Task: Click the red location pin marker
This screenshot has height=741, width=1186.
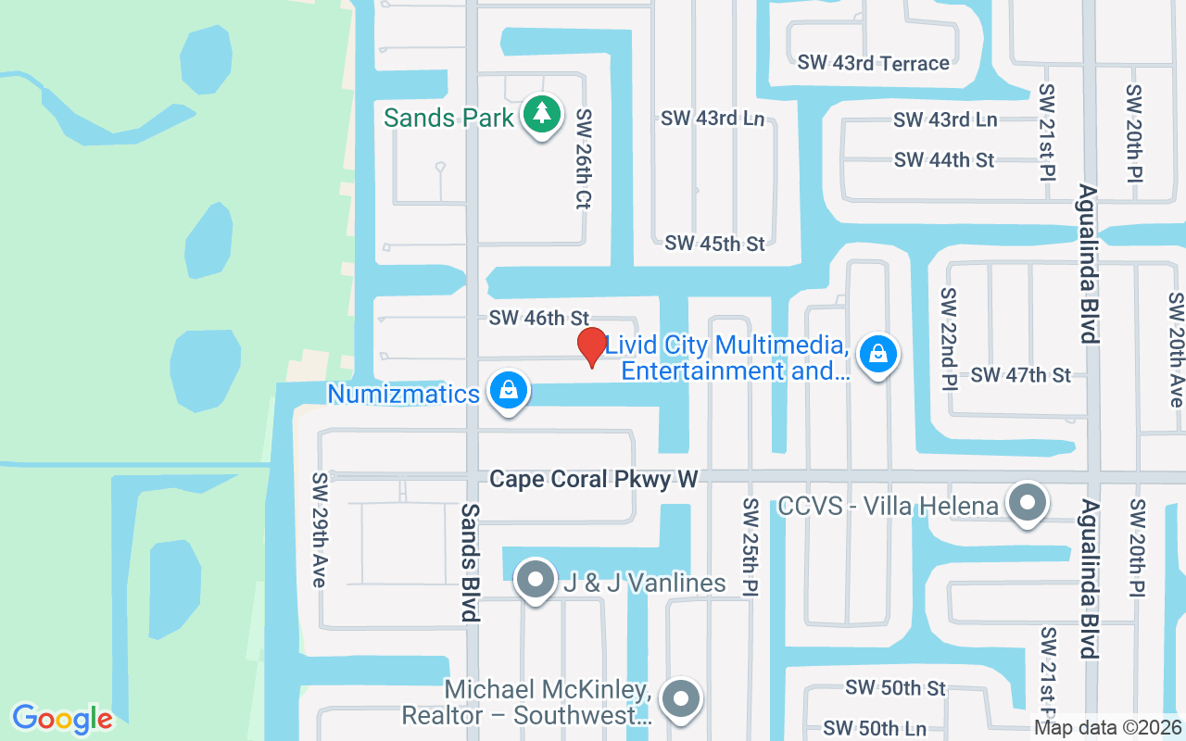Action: coord(592,346)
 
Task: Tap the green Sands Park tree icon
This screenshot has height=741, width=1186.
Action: coord(541,114)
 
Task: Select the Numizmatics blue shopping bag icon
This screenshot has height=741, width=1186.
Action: coord(508,390)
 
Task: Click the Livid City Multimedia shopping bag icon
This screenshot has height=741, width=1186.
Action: coord(877,354)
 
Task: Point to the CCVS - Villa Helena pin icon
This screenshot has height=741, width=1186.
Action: coord(1027,503)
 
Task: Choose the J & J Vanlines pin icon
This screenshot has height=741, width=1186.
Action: coord(535,580)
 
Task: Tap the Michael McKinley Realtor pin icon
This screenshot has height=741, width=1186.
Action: coord(682,698)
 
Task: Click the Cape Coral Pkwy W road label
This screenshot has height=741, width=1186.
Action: coord(593,479)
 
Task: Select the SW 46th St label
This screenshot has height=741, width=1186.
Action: coord(539,319)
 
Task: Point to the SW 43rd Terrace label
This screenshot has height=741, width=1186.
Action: coord(873,63)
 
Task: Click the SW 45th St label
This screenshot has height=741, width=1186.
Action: coord(714,244)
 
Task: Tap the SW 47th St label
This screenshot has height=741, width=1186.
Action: coord(1020,375)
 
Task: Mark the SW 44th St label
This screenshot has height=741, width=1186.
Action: coord(944,160)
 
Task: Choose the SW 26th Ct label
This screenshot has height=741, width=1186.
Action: coord(584,158)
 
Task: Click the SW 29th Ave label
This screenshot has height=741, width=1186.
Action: coord(320,530)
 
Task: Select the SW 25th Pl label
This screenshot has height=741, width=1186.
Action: coord(751,547)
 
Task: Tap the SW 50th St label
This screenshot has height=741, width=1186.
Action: coord(895,688)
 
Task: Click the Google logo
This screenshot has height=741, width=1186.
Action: coord(62,719)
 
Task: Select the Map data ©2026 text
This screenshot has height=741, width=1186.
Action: coord(1107,728)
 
